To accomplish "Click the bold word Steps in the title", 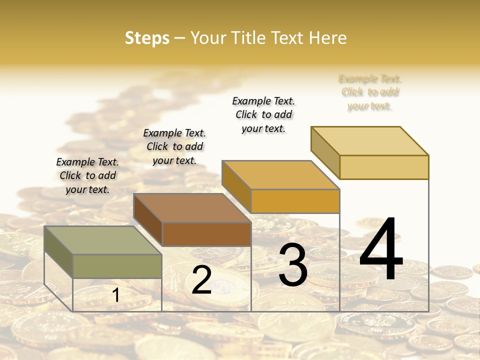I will click(x=147, y=38).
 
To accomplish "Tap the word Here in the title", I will click(x=328, y=38).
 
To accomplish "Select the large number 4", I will click(x=381, y=249).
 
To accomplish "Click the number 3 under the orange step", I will click(x=293, y=265).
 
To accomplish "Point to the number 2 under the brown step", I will click(x=202, y=280).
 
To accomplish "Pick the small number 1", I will click(x=116, y=295).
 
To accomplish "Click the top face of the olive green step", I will click(x=103, y=240).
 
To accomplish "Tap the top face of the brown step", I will click(x=192, y=208).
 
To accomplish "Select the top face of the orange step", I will click(x=281, y=175).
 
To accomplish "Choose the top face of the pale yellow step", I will click(x=370, y=141).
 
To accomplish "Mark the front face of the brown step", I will click(x=206, y=234).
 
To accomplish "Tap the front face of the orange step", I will click(x=295, y=201).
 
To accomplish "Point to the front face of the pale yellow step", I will click(x=384, y=167).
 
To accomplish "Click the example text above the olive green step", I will click(x=87, y=175).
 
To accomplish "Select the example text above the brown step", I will click(x=174, y=146).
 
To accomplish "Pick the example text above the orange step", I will click(x=263, y=114).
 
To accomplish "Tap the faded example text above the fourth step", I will click(x=370, y=92).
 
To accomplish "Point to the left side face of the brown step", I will click(x=148, y=220).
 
